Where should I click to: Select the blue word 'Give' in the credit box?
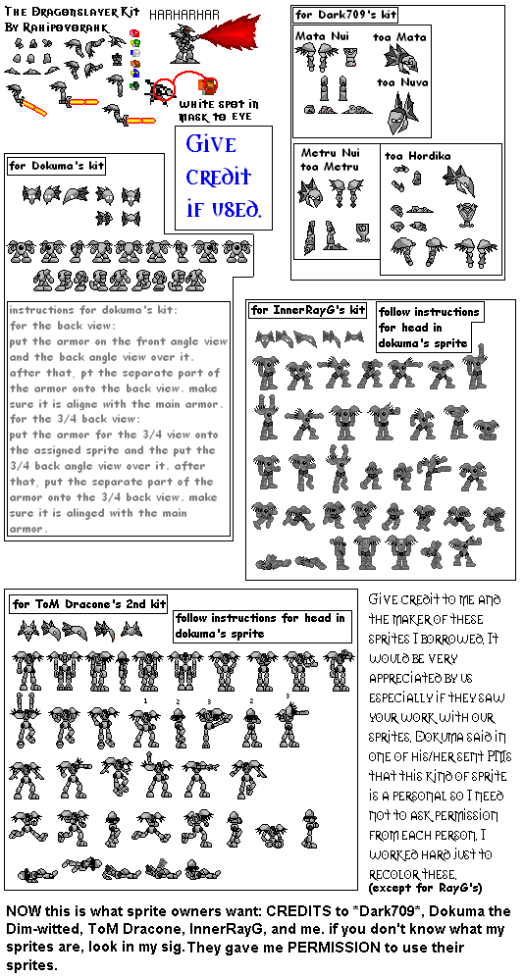coord(211,144)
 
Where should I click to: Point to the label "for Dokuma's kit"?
coord(56,166)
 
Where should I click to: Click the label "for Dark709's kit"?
coord(346,15)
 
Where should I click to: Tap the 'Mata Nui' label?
coord(321,35)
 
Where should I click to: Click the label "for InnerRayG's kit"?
coord(308,311)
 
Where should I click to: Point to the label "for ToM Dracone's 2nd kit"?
coord(88,602)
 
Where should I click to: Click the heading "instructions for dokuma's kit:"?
coord(93,311)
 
